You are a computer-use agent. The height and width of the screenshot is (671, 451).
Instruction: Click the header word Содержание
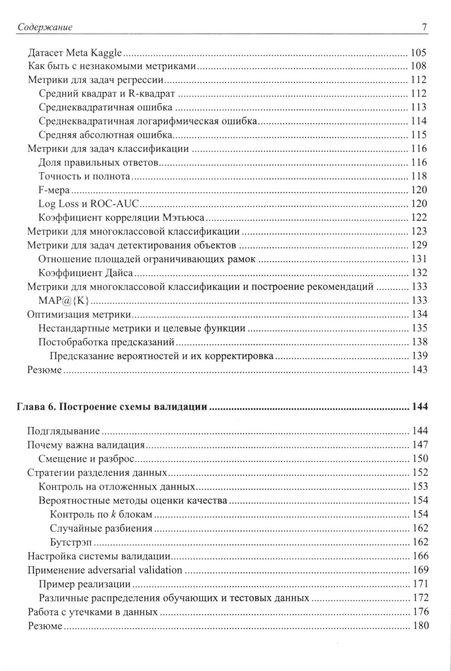pos(45,28)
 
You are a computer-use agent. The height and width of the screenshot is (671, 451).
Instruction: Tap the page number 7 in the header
pos(424,28)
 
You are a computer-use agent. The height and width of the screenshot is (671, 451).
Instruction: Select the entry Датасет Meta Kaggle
pos(75,53)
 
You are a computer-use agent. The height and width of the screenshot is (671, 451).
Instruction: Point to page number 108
pos(419,66)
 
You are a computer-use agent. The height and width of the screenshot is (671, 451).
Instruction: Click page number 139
pos(419,356)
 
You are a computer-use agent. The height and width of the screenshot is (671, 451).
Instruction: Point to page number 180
pos(419,626)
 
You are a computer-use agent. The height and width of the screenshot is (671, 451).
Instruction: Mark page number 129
pos(419,245)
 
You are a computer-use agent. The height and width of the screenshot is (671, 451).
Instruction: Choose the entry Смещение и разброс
pos(87,459)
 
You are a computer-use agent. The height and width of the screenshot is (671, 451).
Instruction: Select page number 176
pos(419,612)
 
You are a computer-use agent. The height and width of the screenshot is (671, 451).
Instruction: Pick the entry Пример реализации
pos(85,584)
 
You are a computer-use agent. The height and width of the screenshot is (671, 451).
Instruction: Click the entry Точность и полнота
pos(85,176)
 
